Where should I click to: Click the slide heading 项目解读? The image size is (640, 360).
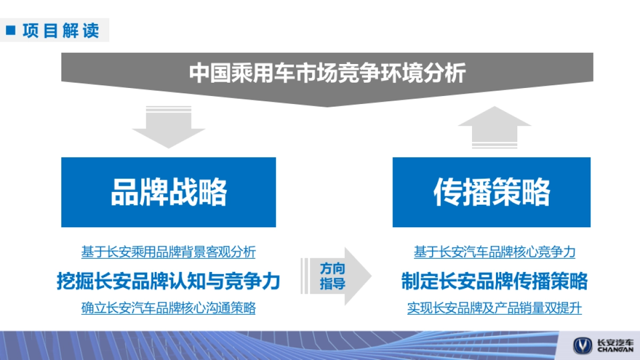[x=61, y=30]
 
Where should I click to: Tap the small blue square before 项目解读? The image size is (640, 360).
[x=11, y=30]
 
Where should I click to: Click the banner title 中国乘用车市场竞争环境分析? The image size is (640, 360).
[x=327, y=73]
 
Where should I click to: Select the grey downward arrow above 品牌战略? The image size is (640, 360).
[x=169, y=128]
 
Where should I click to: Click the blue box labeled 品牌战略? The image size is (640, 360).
[x=169, y=192]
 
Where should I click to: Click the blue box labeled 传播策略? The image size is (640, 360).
[x=491, y=192]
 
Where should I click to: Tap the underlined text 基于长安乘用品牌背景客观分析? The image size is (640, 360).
[x=169, y=252]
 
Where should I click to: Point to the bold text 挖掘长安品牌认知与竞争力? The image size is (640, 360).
[x=169, y=281]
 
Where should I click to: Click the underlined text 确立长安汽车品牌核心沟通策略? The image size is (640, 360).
[x=169, y=308]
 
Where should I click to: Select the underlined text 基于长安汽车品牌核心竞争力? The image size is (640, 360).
[x=494, y=252]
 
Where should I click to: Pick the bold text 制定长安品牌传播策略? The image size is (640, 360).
[x=494, y=281]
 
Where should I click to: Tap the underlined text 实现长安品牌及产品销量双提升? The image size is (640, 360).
[x=494, y=308]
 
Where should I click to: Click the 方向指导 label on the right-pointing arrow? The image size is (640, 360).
[x=332, y=276]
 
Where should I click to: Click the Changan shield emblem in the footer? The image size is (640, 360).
[x=582, y=345]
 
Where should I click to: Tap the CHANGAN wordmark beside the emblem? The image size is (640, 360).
[x=616, y=350]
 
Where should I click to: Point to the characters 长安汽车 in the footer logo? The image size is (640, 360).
[x=616, y=342]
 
